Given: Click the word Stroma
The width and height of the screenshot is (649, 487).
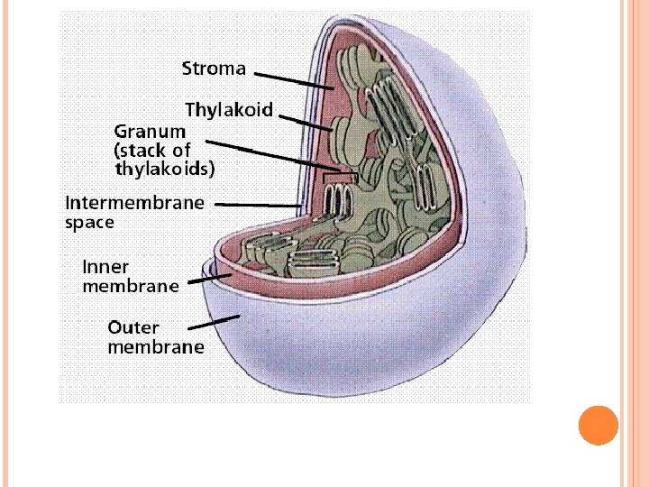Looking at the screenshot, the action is (214, 69).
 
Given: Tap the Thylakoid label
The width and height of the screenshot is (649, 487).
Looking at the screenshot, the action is (229, 110).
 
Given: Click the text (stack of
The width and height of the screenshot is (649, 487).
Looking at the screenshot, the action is (152, 150).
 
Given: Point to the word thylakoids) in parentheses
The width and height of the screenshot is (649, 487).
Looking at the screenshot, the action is (165, 168).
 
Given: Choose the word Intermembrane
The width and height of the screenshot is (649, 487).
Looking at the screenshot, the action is (134, 202).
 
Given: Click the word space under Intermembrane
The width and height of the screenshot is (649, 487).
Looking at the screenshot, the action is (89, 221).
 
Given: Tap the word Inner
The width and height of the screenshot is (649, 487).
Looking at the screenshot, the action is (105, 267).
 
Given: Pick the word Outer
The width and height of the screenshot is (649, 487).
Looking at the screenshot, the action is (133, 327).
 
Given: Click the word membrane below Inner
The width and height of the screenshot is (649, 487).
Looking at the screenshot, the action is (131, 287).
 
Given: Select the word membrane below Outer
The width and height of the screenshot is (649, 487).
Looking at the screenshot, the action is (156, 347).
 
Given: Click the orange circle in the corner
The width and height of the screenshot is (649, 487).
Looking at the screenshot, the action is (599, 426).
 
